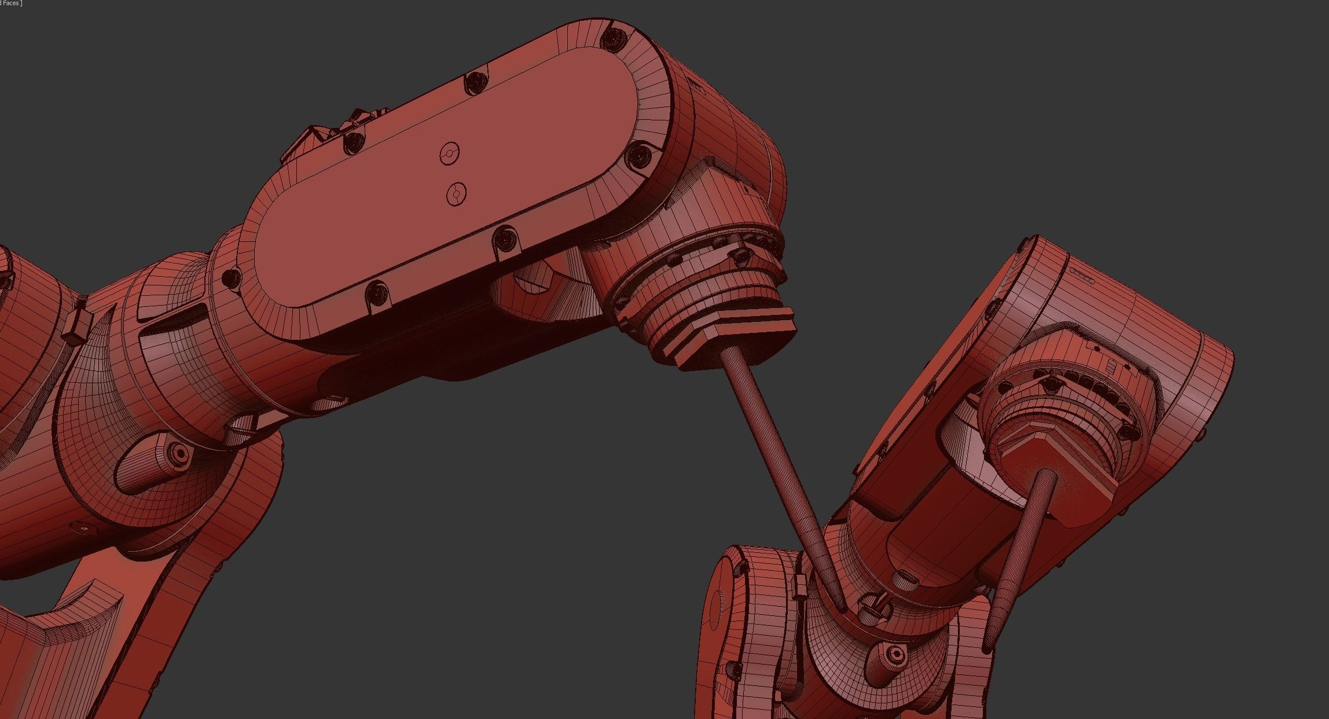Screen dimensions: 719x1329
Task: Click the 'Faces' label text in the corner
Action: click(x=12, y=3)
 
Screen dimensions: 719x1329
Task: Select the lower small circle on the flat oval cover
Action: click(x=457, y=193)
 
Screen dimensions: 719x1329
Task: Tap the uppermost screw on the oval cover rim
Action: click(x=612, y=38)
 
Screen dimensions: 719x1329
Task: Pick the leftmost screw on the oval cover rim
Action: click(x=233, y=277)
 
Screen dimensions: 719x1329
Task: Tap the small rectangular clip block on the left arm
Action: click(x=74, y=327)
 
